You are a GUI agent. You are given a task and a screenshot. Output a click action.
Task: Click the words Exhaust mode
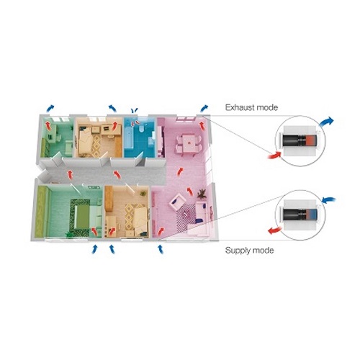[x=251, y=107]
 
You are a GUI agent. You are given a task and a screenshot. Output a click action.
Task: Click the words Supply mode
[x=250, y=251]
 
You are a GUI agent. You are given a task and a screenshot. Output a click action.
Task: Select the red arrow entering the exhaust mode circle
[x=274, y=155]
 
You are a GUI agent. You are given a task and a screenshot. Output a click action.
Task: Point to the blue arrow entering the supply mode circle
[x=329, y=199]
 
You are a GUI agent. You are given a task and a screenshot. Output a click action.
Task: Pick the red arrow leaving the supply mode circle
[x=275, y=230]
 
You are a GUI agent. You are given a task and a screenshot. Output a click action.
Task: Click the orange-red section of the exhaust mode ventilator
[x=311, y=140]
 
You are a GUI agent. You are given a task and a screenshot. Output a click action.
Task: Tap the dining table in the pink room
[x=189, y=143]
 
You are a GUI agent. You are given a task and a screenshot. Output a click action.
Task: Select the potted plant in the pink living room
[x=202, y=194]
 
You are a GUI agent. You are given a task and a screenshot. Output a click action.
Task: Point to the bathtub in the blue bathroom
[x=128, y=139]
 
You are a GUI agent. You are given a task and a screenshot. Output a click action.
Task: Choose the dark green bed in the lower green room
[x=81, y=216]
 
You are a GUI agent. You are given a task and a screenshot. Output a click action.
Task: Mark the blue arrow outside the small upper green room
[x=50, y=108]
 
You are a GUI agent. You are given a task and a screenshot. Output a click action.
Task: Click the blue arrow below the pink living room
[x=161, y=249]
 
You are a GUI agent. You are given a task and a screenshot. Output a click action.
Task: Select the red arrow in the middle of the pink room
[x=180, y=172]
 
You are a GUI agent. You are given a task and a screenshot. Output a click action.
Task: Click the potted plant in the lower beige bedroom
[x=143, y=193]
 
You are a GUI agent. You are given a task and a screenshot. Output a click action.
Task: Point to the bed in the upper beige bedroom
[x=85, y=142]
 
